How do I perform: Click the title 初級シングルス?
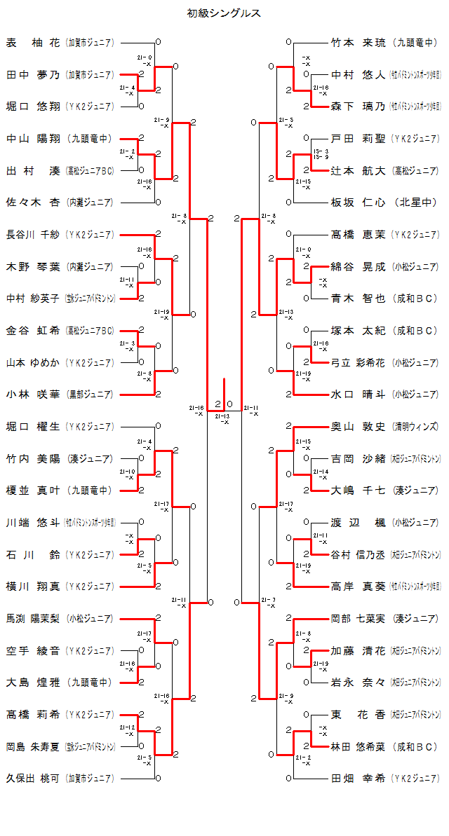tap(224, 13)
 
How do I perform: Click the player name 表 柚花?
tap(33, 43)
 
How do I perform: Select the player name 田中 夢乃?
tap(33, 74)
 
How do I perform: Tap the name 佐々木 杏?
tap(33, 202)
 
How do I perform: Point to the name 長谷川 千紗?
tap(33, 234)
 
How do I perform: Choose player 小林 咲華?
tap(33, 394)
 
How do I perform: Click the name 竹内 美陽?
tap(33, 458)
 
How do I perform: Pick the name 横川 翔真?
tap(33, 586)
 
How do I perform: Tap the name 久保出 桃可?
tap(33, 777)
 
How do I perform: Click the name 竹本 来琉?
tap(358, 43)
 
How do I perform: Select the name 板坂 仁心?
tap(358, 203)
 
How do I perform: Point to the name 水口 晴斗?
tap(358, 394)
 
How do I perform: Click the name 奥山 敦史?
tap(358, 426)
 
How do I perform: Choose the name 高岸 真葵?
tap(358, 586)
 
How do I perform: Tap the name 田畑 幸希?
tap(358, 778)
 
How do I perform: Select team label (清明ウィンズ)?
tap(415, 426)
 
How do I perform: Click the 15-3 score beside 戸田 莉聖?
tap(320, 151)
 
